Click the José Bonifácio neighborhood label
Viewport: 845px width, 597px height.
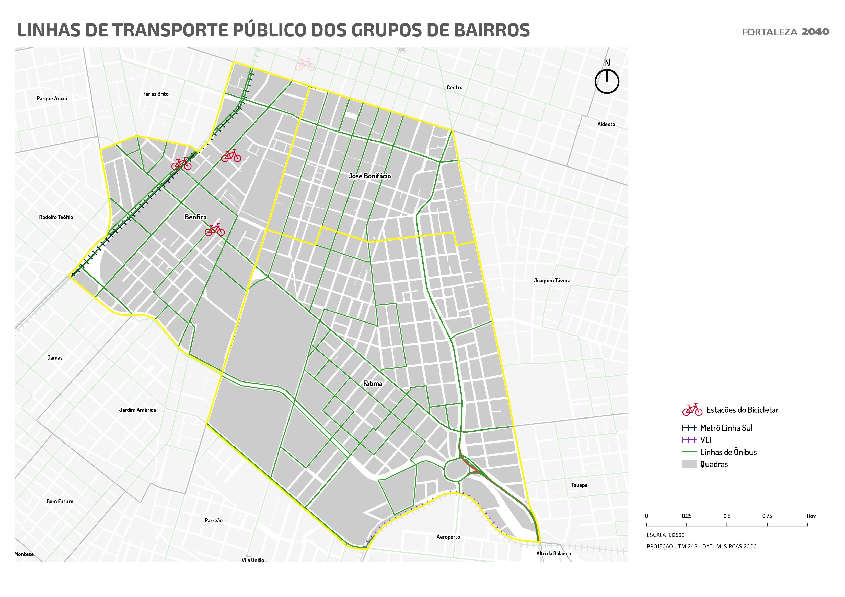tap(369, 176)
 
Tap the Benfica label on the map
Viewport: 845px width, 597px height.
tap(195, 217)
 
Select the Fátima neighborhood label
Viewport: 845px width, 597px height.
tap(373, 383)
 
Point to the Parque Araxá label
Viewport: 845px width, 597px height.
tap(52, 99)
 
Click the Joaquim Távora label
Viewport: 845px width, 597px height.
tap(552, 281)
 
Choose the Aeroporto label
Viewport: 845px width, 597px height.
tap(448, 537)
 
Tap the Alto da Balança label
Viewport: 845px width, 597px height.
tap(553, 554)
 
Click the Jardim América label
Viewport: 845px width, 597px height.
tap(137, 410)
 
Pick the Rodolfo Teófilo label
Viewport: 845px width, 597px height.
tap(56, 217)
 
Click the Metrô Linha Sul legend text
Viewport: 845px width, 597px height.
tap(726, 428)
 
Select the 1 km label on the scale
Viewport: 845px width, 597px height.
tap(811, 516)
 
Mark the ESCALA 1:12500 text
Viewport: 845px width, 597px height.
tap(665, 535)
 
